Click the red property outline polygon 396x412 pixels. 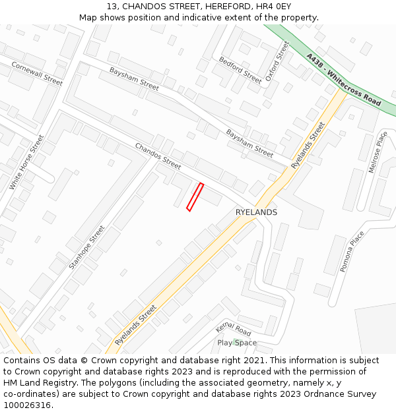pyautogui.click(x=195, y=197)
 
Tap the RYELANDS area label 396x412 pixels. pyautogui.click(x=256, y=212)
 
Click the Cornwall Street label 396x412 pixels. pyautogui.click(x=37, y=74)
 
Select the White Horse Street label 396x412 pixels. pyautogui.click(x=26, y=163)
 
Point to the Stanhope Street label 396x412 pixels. pyautogui.click(x=86, y=248)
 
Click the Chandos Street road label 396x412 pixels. pyautogui.click(x=158, y=156)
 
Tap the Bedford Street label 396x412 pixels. pyautogui.click(x=240, y=69)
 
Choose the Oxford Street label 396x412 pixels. pyautogui.click(x=277, y=61)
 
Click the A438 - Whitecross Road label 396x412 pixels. pyautogui.click(x=343, y=80)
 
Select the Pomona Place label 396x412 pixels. pyautogui.click(x=352, y=252)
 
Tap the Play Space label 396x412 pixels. pyautogui.click(x=237, y=343)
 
